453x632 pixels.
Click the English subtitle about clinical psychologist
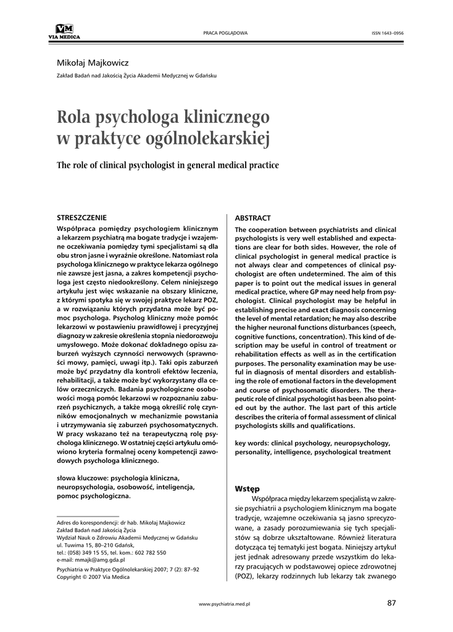(168, 165)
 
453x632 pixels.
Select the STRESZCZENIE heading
(81, 218)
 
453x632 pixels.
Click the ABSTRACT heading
(252, 218)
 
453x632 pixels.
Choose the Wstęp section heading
(247, 488)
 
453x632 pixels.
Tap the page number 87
(391, 602)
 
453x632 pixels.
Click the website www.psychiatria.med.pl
(226, 604)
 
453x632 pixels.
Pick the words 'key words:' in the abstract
(252, 443)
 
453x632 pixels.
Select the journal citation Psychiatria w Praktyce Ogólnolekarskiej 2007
(119, 570)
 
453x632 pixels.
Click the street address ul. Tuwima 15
(75, 545)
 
